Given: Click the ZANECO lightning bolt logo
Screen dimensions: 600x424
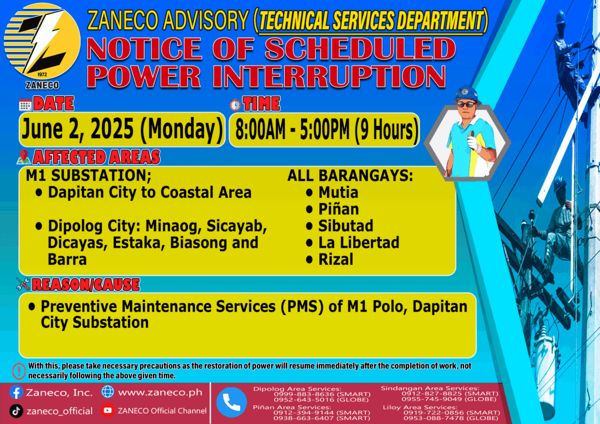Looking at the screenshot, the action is click(42, 42).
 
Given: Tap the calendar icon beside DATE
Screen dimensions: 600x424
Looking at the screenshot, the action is click(25, 105).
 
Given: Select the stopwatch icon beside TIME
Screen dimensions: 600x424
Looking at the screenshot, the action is click(235, 104).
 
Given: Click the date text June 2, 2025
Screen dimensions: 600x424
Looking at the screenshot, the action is click(78, 129).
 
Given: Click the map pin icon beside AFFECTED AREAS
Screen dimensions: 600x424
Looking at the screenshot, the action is click(23, 157).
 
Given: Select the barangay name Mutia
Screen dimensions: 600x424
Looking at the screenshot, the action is click(338, 192).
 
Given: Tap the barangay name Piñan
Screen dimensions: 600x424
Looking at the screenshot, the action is click(339, 209).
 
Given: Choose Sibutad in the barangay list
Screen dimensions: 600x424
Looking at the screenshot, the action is click(346, 226).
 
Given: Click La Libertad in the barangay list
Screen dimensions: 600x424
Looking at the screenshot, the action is click(359, 243).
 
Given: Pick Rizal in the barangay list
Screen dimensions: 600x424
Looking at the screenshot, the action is click(336, 259).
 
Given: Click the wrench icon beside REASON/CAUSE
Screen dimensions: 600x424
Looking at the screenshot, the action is click(23, 283).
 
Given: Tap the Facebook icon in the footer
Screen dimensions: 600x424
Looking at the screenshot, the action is click(16, 392).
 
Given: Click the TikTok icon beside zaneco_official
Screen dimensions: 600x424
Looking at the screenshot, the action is click(16, 411).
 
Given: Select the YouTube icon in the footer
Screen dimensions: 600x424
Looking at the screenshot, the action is click(108, 411).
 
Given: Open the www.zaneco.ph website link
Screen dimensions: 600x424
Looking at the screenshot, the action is click(160, 392).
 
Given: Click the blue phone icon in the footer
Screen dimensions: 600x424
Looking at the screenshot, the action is click(231, 402).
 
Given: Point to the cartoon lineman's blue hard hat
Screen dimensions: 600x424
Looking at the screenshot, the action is click(466, 94).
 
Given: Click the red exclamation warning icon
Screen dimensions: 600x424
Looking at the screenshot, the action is click(18, 371).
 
